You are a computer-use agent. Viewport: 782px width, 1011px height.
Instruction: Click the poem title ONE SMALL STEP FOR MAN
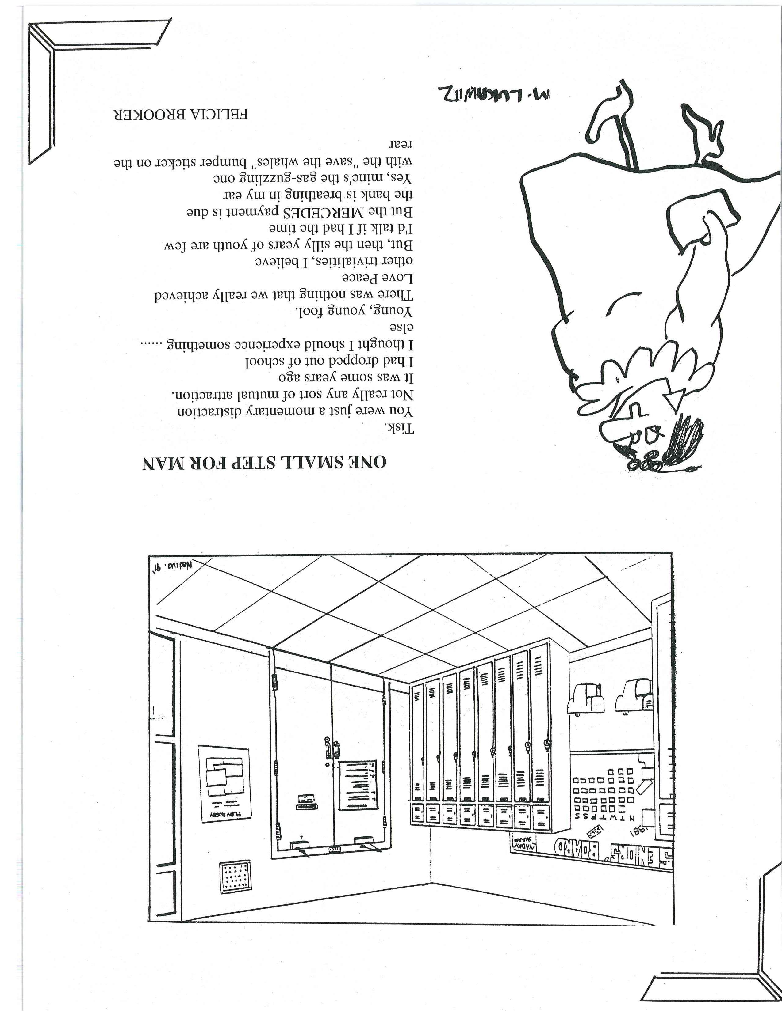(264, 462)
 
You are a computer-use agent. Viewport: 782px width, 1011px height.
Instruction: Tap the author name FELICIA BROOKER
(181, 114)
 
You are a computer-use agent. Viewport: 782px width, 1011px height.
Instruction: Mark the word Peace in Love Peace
(362, 278)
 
